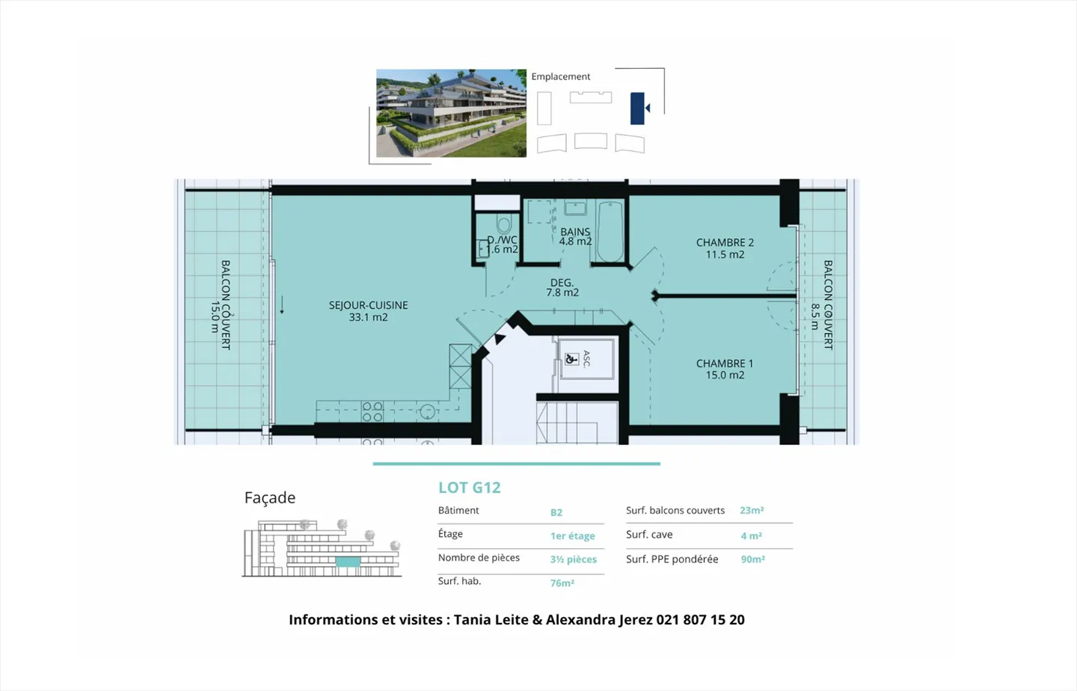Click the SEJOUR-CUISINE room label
[368, 311]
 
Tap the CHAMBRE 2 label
[725, 248]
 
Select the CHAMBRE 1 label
[725, 369]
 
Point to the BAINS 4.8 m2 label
[575, 237]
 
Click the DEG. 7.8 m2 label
[562, 288]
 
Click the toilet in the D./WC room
[503, 225]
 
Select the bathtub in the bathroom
[610, 232]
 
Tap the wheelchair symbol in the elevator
[571, 359]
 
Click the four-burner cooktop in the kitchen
[372, 412]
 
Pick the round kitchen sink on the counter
[427, 412]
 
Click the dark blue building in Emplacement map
[637, 108]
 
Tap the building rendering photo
[451, 113]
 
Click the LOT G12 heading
[469, 488]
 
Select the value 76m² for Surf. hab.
[562, 583]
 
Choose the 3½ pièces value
[573, 559]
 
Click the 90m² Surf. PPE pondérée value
[752, 559]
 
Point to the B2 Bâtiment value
[556, 512]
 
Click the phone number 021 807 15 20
[700, 620]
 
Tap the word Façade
[270, 498]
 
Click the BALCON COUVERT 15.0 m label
[220, 304]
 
